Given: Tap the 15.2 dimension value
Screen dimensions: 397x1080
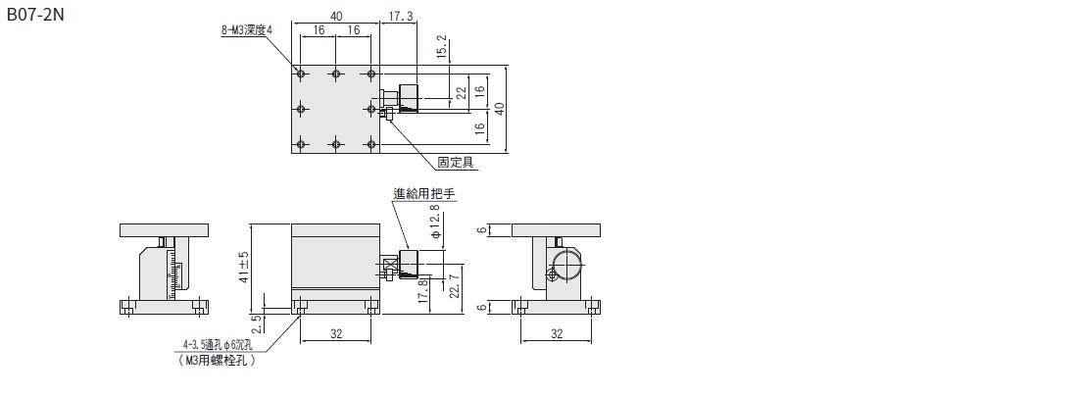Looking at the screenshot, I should (x=443, y=46).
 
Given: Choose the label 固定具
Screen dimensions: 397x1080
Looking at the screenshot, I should (x=456, y=162).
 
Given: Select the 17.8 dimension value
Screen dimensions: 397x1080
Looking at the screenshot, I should (x=422, y=292).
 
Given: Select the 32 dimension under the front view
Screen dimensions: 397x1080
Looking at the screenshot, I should (x=336, y=333).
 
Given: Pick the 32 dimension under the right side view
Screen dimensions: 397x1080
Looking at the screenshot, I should (x=556, y=333).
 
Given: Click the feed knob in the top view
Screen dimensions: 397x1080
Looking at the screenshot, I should (x=409, y=98).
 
